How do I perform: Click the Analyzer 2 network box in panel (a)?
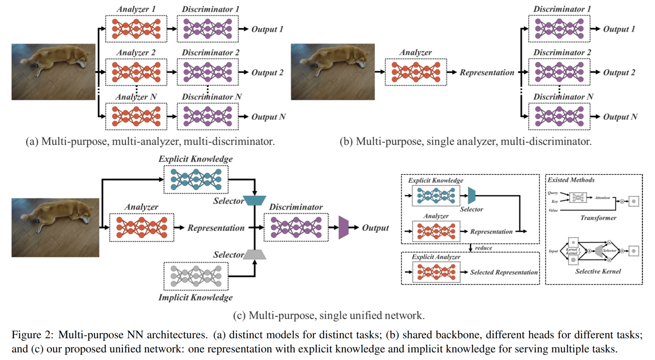click(x=136, y=72)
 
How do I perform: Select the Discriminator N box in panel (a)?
click(x=208, y=116)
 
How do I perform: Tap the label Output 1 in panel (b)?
click(x=619, y=29)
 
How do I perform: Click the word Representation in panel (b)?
click(x=487, y=73)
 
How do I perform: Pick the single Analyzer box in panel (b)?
click(x=416, y=72)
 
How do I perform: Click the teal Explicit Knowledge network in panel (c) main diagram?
click(x=196, y=180)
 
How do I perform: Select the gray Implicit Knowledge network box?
click(x=196, y=276)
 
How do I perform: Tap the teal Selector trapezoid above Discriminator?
click(x=255, y=200)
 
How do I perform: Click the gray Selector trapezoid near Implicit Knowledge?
click(x=255, y=255)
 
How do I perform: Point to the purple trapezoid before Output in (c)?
click(x=343, y=227)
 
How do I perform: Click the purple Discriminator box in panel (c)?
click(x=296, y=227)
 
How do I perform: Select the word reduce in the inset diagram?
click(x=483, y=248)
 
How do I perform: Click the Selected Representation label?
click(x=504, y=272)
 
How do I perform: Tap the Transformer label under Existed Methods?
click(x=598, y=218)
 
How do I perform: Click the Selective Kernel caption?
click(x=598, y=271)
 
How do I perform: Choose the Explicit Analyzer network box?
click(x=436, y=272)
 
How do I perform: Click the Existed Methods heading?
click(x=571, y=180)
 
